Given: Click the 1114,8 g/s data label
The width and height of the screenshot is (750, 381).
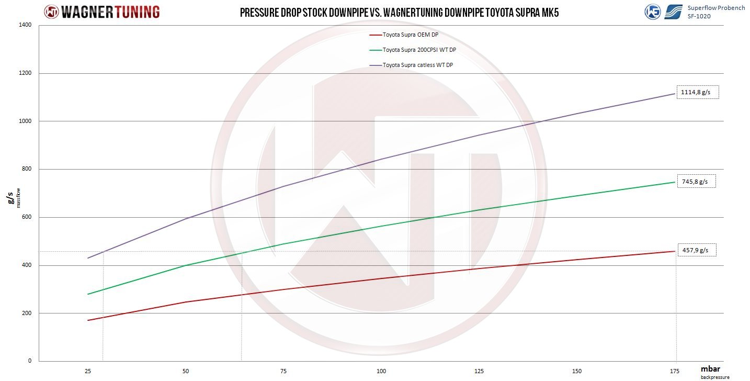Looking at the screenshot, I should [x=697, y=92].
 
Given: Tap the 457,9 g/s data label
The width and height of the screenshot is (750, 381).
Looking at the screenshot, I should [x=696, y=250].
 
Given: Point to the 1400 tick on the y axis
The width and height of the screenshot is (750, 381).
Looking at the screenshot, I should [x=26, y=25].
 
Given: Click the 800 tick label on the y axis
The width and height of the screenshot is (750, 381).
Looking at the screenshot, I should [x=27, y=169].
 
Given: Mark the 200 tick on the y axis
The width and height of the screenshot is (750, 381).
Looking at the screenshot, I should [x=27, y=313].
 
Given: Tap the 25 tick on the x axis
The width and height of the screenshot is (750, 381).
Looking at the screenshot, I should [x=87, y=371].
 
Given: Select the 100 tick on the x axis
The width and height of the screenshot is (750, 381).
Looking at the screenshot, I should [x=381, y=371].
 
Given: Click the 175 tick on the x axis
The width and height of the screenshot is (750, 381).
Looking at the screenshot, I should [x=676, y=371].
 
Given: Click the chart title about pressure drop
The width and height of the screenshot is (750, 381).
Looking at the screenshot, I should [x=399, y=13].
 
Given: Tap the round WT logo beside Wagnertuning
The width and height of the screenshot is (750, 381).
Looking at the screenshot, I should [x=51, y=12].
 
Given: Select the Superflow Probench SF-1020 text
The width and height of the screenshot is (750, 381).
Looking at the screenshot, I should [x=716, y=12].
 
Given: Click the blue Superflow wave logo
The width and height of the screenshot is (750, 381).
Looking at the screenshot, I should [x=674, y=12].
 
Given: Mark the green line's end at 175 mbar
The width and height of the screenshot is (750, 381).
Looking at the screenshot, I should [x=675, y=182].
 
